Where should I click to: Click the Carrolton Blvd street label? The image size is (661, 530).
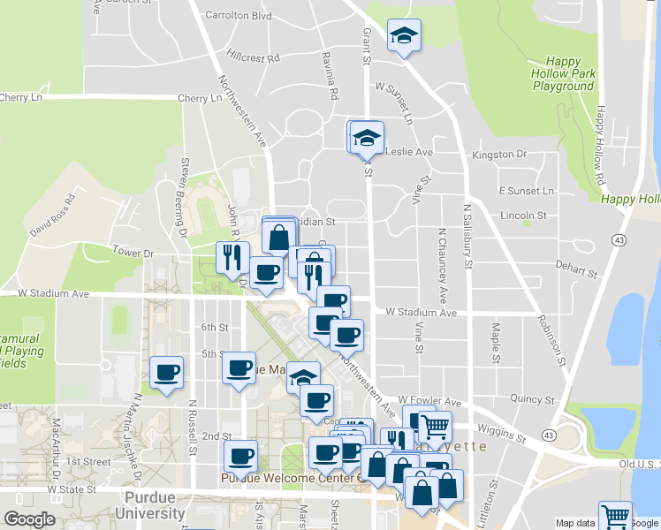[238, 15]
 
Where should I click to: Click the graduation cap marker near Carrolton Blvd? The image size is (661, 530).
[404, 36]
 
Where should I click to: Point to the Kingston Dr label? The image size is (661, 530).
[499, 155]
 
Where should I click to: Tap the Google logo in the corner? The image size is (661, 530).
[29, 519]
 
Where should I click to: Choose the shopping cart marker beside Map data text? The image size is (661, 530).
[615, 516]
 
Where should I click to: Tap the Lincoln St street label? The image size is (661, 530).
[523, 216]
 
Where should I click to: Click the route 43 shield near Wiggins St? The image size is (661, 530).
[551, 435]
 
